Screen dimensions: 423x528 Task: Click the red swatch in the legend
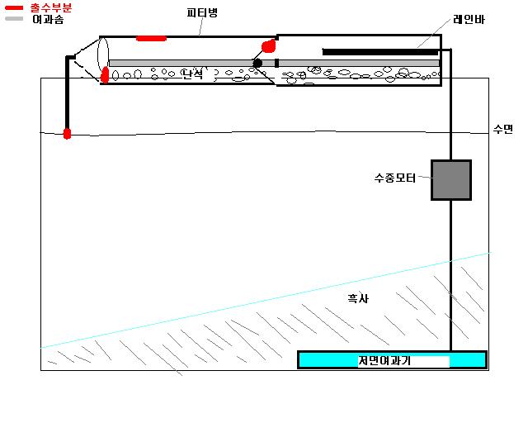[13, 7]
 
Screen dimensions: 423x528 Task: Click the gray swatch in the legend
[13, 17]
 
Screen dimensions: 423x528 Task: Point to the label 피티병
[201, 12]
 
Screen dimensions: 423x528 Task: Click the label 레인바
[468, 19]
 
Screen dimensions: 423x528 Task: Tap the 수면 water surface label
[502, 129]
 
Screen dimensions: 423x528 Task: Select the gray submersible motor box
[451, 180]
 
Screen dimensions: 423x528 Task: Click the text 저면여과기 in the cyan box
[384, 361]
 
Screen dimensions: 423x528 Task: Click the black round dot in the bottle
[257, 63]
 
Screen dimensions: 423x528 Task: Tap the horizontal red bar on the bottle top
[151, 38]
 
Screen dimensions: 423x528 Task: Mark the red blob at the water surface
[68, 132]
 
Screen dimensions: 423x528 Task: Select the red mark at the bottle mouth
[106, 75]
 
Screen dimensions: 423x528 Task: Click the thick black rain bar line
[379, 52]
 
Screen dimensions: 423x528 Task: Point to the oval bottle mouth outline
[102, 59]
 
